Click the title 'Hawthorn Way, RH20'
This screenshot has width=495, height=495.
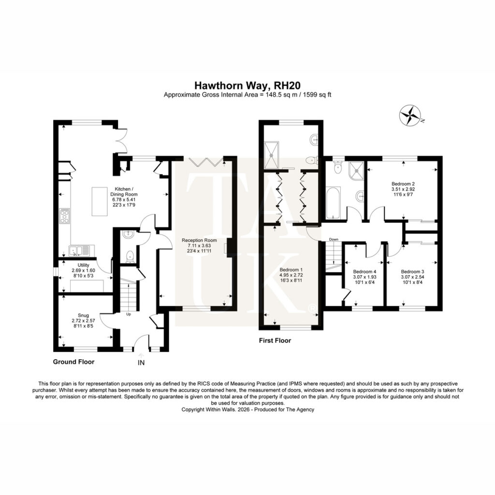click(x=247, y=86)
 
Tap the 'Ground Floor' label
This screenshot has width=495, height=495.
click(x=73, y=362)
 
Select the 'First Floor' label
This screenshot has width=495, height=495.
click(x=275, y=341)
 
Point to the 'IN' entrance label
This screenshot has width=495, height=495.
click(x=141, y=363)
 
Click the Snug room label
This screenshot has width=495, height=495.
click(x=83, y=315)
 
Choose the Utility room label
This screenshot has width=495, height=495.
click(x=83, y=265)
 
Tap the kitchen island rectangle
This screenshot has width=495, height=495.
click(x=100, y=202)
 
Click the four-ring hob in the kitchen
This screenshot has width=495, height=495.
click(x=65, y=216)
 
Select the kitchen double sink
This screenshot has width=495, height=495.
click(x=80, y=251)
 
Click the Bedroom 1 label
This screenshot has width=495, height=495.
click(x=291, y=270)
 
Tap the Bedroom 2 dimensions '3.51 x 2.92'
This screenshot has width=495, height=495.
click(x=403, y=189)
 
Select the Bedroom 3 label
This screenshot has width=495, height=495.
click(x=412, y=272)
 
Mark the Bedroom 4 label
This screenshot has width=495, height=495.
click(x=364, y=272)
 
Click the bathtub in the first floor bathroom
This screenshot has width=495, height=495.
click(x=333, y=203)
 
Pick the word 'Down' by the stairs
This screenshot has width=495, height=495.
click(x=334, y=240)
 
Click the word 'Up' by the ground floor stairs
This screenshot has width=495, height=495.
click(x=129, y=314)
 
